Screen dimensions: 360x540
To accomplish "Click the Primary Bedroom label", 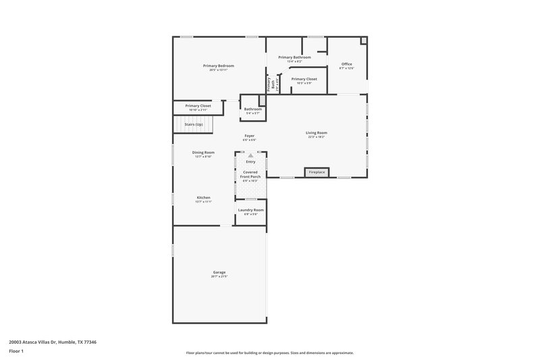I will point(217,66).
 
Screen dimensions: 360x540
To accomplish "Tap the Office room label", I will point(346,64).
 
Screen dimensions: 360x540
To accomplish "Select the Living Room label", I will point(317,132).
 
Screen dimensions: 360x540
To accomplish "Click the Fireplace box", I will point(317,173).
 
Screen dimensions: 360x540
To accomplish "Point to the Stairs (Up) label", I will point(194,124).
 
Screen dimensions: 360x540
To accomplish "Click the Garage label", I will point(219,272).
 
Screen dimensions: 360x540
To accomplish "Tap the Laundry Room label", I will point(250,210).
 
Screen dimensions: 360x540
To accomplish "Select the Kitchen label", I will point(204,197).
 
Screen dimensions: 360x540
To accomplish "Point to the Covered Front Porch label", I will point(250,174).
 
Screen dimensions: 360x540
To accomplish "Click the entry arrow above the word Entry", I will point(250,155).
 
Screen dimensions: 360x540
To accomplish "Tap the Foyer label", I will point(250,136).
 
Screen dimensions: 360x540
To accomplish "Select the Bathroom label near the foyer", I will point(253,109).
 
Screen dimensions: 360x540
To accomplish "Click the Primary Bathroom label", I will point(294,57).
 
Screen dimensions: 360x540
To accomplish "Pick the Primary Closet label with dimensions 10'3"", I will point(304,79).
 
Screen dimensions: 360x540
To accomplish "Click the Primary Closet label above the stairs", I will point(198,105).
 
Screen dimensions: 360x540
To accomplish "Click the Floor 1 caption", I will point(16,351).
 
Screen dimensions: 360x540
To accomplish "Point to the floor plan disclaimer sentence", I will point(270,353).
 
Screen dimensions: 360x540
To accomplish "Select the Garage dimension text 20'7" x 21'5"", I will point(219,276).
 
